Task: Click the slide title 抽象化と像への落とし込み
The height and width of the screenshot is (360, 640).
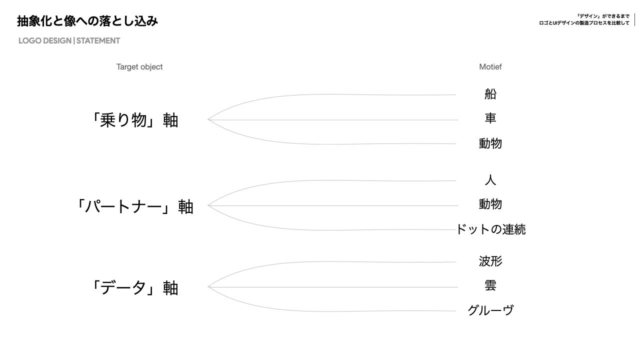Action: pyautogui.click(x=87, y=21)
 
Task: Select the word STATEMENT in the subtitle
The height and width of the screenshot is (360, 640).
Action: pyautogui.click(x=98, y=41)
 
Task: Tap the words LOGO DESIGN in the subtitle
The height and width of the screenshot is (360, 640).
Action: pyautogui.click(x=44, y=41)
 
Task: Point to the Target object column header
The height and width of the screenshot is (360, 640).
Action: pyautogui.click(x=139, y=67)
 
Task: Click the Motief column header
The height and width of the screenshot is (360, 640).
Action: pyautogui.click(x=490, y=67)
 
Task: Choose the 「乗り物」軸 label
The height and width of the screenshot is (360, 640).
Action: pyautogui.click(x=133, y=120)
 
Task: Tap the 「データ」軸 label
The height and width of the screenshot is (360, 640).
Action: pyautogui.click(x=133, y=288)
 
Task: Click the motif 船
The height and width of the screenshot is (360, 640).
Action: pyautogui.click(x=490, y=94)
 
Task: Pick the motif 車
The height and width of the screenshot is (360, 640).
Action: pyautogui.click(x=490, y=118)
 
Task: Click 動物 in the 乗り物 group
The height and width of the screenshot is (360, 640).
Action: pyautogui.click(x=490, y=143)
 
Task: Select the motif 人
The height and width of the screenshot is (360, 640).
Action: pyautogui.click(x=490, y=180)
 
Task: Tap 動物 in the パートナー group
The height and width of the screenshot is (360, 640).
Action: pyautogui.click(x=490, y=204)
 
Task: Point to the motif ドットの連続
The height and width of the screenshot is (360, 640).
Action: pyautogui.click(x=490, y=229)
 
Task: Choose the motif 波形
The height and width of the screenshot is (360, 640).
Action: pyautogui.click(x=490, y=261)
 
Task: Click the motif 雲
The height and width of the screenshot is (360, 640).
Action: pyautogui.click(x=490, y=285)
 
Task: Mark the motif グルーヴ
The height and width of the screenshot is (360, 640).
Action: pyautogui.click(x=490, y=310)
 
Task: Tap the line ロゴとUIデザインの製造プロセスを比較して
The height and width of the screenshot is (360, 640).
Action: pyautogui.click(x=584, y=23)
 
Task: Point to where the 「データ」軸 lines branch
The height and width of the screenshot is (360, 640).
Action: pyautogui.click(x=208, y=287)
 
